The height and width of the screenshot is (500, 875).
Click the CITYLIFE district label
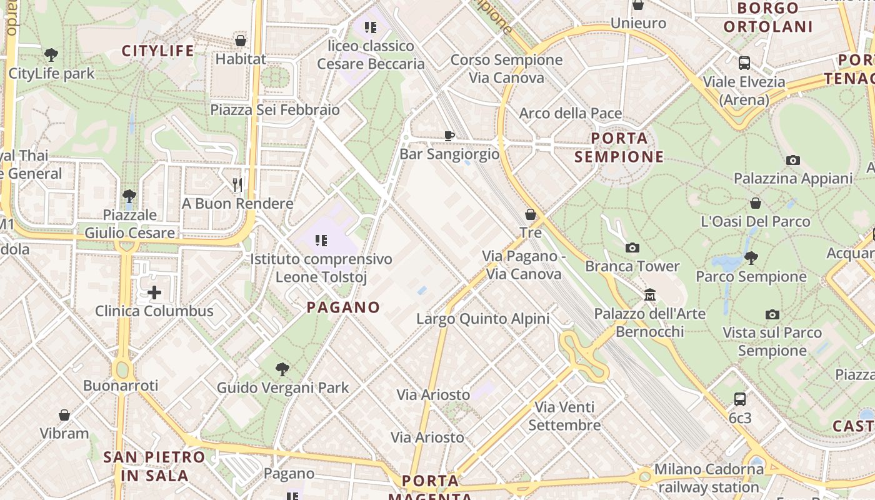pos(157,51)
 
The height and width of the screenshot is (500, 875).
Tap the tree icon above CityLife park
pos(51,55)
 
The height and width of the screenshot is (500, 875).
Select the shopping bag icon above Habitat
pos(240,41)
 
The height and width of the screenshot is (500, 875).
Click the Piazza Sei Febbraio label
pos(275,110)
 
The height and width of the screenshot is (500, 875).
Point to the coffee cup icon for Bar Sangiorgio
pos(449,136)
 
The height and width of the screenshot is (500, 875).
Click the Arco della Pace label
pos(571,113)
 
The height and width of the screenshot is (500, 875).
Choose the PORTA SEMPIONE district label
pos(619,147)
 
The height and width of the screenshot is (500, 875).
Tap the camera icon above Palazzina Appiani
pos(792,161)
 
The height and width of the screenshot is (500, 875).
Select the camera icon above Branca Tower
pos(632,248)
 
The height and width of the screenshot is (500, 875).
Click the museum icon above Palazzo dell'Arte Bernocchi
pos(649,294)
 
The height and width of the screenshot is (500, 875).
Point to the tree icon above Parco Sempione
pos(751,257)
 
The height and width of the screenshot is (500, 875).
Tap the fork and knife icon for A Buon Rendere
pos(237,184)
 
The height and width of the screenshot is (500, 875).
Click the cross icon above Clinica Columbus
pos(154,292)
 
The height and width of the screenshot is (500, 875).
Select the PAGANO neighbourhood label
pos(343,307)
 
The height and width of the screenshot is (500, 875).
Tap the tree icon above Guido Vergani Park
pos(282,369)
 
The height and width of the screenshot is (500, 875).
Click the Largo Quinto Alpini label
pos(482,319)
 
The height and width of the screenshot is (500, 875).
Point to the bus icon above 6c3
pos(739,399)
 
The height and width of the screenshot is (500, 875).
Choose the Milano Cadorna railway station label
pos(708,477)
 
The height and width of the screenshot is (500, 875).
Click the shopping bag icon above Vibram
pos(64,415)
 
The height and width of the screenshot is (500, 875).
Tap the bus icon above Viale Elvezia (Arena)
pos(744,63)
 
